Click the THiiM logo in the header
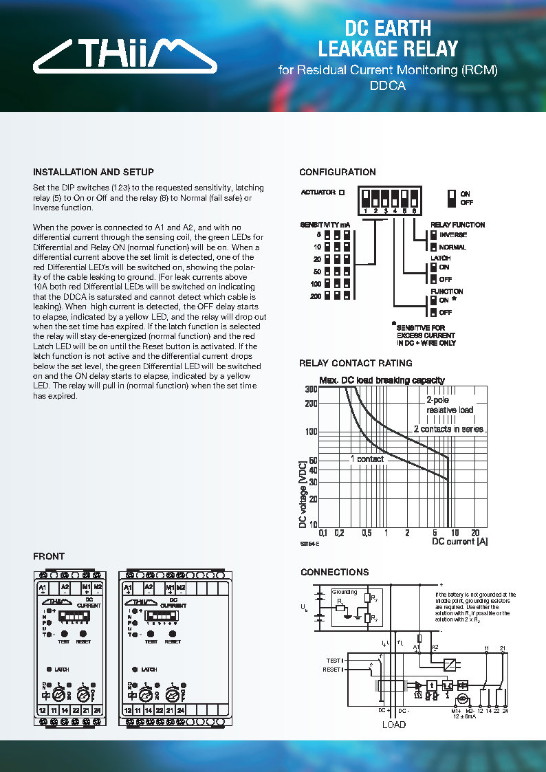point(124,56)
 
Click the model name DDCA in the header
point(388,87)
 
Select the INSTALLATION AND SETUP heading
point(94,172)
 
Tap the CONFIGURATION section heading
point(338,172)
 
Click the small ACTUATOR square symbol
point(342,192)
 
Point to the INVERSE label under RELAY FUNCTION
point(452,235)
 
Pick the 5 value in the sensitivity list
point(319,234)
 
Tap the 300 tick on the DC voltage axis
point(311,389)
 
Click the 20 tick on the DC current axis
point(474,533)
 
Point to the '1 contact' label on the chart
point(367,459)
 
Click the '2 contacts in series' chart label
point(448,429)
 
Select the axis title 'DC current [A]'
point(459,542)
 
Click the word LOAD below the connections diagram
point(393,725)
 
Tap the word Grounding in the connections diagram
point(345,592)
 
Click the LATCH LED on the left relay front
point(49,669)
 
